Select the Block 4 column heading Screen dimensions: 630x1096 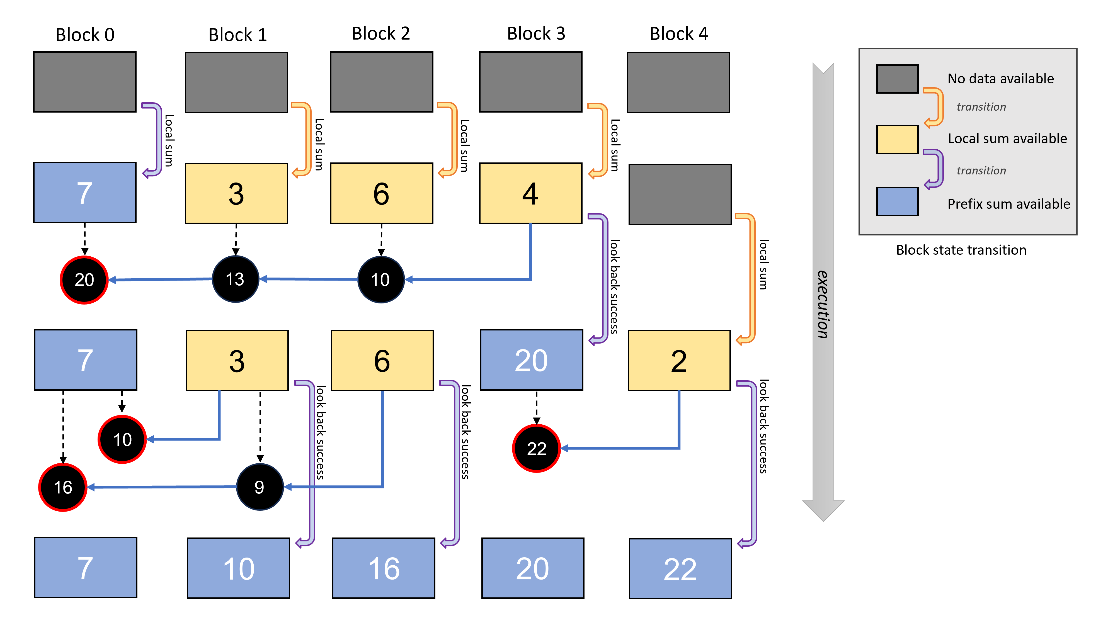(679, 34)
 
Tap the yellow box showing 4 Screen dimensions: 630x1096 (531, 193)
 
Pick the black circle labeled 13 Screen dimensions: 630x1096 (236, 279)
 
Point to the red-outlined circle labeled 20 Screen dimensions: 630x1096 (84, 280)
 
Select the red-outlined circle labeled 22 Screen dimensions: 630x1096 (536, 448)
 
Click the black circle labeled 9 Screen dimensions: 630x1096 (260, 487)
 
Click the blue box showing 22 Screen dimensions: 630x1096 (680, 568)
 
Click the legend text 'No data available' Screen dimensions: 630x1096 (1000, 79)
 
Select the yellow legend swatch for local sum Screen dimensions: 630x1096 (897, 139)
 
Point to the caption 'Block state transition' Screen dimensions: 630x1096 (961, 250)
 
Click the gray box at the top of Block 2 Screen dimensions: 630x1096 (381, 82)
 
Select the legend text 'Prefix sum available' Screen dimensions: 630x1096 (1008, 204)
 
